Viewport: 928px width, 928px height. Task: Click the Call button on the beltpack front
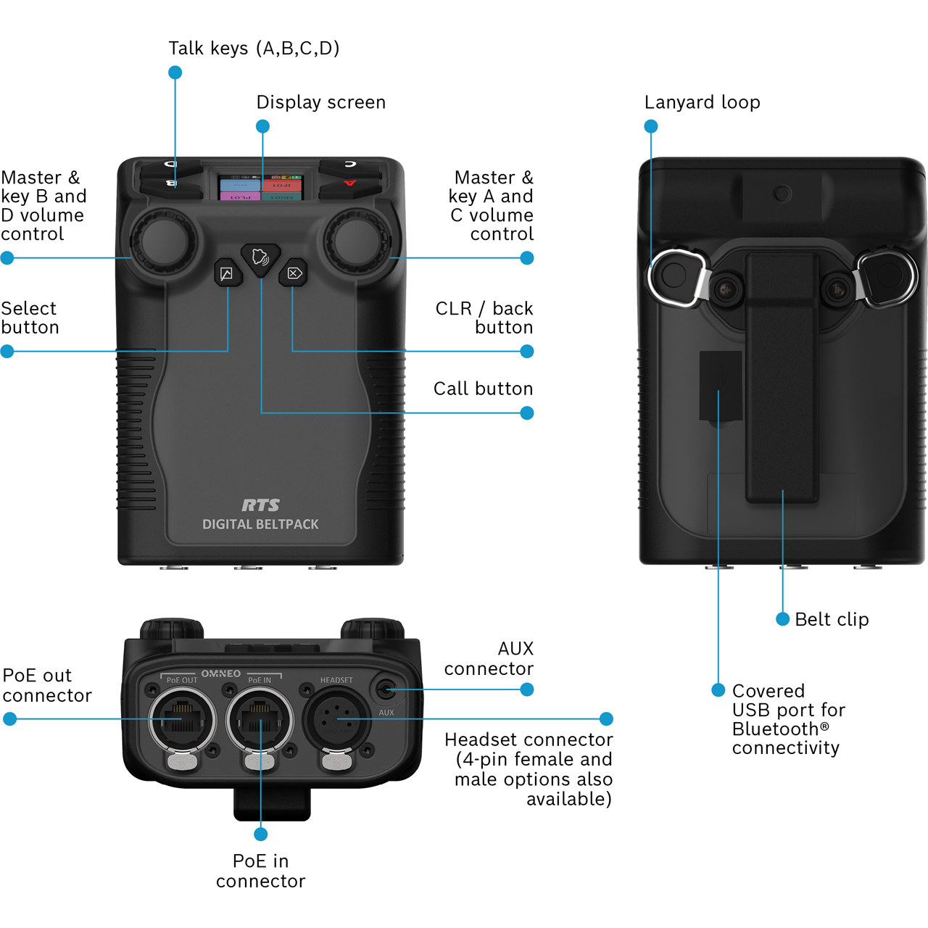pos(260,257)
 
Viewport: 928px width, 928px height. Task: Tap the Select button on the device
pos(227,273)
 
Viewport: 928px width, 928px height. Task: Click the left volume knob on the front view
pos(163,241)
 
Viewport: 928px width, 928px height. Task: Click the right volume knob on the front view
pos(357,241)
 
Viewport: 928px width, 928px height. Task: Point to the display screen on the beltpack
pos(260,187)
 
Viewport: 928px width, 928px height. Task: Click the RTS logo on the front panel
pos(260,505)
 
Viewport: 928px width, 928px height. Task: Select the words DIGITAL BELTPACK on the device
pos(260,524)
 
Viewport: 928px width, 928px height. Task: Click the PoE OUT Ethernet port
pos(181,720)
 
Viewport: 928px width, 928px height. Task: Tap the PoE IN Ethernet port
pos(260,720)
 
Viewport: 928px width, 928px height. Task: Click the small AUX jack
pos(386,689)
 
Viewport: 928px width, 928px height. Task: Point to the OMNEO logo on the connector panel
pos(220,674)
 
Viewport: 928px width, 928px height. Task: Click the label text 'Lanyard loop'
pos(702,102)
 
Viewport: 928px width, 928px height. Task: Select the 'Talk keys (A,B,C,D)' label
pos(254,49)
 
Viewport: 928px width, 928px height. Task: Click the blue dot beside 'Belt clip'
pos(782,619)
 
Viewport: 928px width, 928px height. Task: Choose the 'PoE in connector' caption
pos(260,871)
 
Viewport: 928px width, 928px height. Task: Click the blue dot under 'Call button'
pos(527,413)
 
